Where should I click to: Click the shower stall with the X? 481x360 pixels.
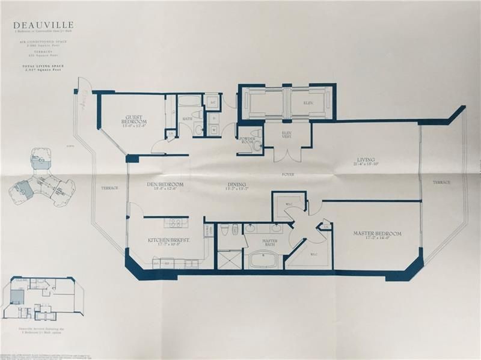tap(227, 260)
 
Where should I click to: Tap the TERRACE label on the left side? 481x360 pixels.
tap(110, 189)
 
